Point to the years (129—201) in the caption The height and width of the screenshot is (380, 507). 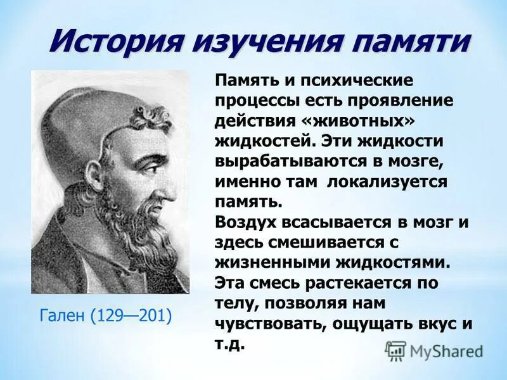click(x=132, y=315)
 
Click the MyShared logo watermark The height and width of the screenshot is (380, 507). click(x=434, y=350)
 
